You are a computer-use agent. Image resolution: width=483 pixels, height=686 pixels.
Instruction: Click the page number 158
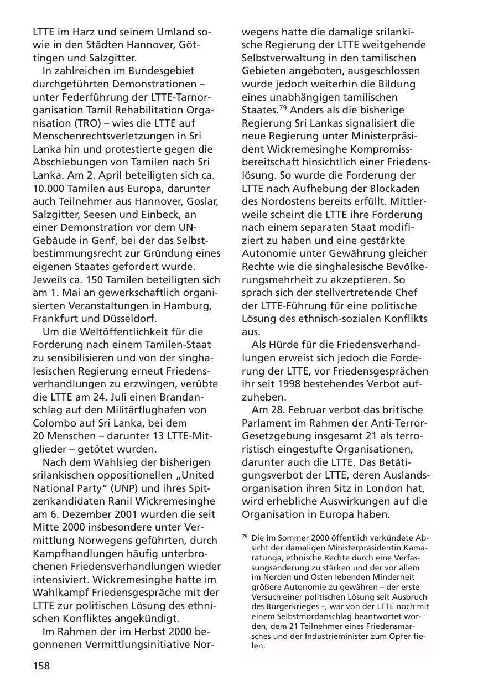point(41,666)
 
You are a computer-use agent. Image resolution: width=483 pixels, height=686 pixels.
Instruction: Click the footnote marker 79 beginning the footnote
point(245,536)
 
